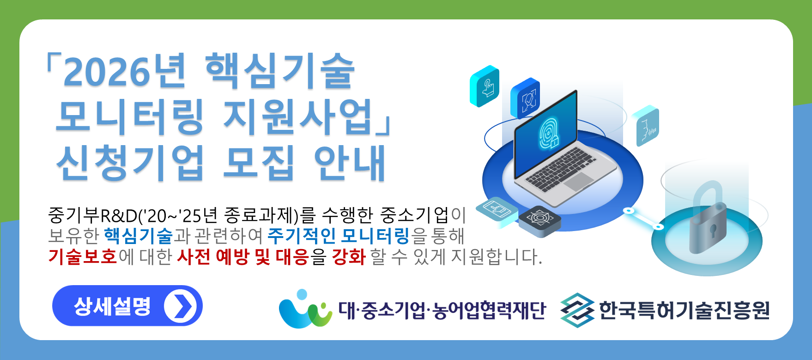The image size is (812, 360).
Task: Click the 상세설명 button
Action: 127,305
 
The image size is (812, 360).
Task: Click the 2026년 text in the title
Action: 124,72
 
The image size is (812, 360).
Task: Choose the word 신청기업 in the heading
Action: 130,162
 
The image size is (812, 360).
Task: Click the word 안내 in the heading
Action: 350,162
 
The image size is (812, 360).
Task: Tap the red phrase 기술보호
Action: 83,256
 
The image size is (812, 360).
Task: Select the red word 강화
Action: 349,256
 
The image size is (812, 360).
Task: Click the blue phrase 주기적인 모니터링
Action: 338,236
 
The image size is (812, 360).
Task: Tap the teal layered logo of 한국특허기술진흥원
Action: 577,310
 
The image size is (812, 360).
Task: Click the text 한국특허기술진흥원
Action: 685,310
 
